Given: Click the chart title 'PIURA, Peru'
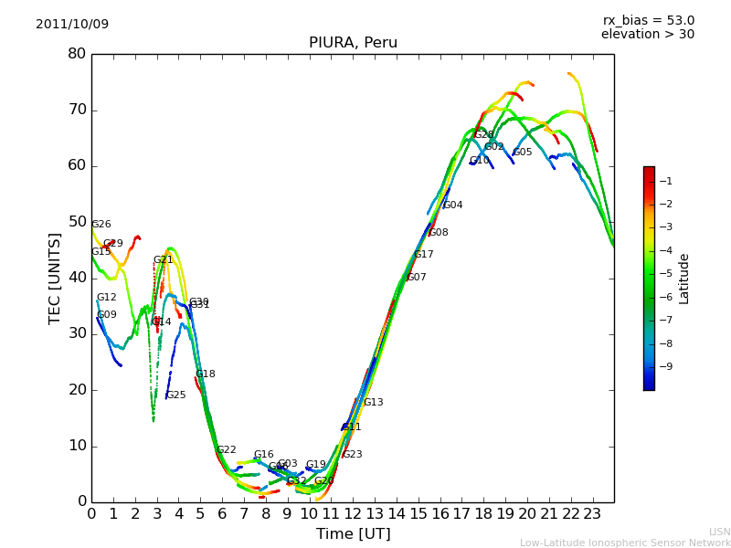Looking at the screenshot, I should click(x=353, y=43).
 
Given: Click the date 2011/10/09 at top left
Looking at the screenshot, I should click(x=72, y=25).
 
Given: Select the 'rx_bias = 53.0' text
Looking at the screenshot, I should click(x=648, y=21).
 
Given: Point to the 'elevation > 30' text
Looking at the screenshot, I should click(x=647, y=35).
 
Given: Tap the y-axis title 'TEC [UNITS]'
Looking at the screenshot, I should click(x=55, y=278).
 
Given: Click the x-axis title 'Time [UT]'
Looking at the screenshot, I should click(x=353, y=533).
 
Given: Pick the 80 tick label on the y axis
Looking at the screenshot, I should click(x=77, y=54).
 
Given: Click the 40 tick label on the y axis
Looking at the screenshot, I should click(x=77, y=278).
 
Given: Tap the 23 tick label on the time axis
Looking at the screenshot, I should click(x=592, y=513).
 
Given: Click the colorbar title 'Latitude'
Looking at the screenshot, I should click(x=684, y=279).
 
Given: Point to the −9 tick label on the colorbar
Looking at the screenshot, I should click(x=665, y=366).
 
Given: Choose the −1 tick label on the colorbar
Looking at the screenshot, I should click(x=665, y=182).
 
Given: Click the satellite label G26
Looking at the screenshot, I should click(x=101, y=225).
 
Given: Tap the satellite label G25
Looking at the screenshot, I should click(x=175, y=395).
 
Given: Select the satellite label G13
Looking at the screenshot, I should click(x=373, y=403).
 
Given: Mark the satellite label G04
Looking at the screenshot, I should click(x=452, y=205).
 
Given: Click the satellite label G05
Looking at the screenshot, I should click(x=522, y=153).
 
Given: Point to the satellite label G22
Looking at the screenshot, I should click(x=226, y=450).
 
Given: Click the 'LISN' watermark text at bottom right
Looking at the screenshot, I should click(x=719, y=532).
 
